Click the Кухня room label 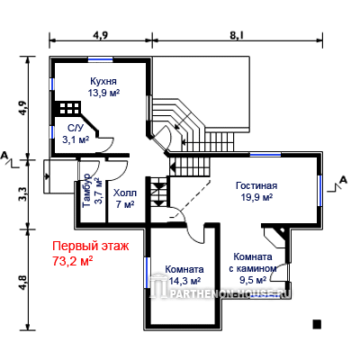tap(103, 81)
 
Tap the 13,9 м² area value tap(103, 93)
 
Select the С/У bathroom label tap(75, 129)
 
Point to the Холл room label tap(125, 193)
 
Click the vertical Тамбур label tap(86, 190)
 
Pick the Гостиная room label tap(256, 185)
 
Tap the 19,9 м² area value tap(256, 197)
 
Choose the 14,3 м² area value tap(184, 281)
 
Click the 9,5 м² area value tap(253, 280)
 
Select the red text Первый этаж tap(91, 247)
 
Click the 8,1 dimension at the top tap(237, 35)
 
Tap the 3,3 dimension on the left tap(25, 194)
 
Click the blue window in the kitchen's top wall tap(101, 59)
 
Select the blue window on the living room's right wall tap(319, 190)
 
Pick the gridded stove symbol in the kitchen tap(70, 108)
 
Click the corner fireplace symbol tap(274, 238)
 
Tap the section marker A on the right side tap(343, 180)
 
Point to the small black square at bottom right tap(317, 324)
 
